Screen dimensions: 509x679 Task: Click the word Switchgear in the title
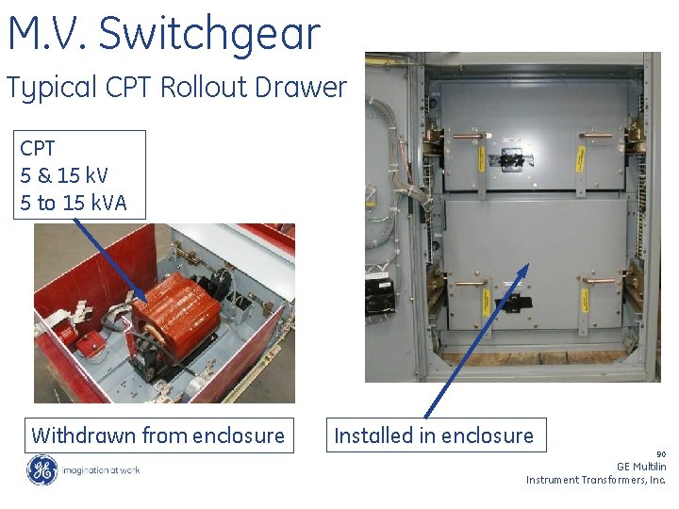(x=209, y=35)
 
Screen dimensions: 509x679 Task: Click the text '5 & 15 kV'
(x=64, y=175)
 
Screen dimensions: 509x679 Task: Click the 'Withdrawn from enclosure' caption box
(x=157, y=435)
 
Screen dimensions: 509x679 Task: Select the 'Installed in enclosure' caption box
(x=435, y=435)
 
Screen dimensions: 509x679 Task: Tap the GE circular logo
(x=41, y=470)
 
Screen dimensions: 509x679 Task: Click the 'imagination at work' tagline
(x=101, y=470)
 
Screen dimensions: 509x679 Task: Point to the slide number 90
(x=660, y=453)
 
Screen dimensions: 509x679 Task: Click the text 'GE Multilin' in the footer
(x=641, y=467)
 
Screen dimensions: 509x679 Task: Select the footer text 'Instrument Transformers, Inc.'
(x=596, y=480)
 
